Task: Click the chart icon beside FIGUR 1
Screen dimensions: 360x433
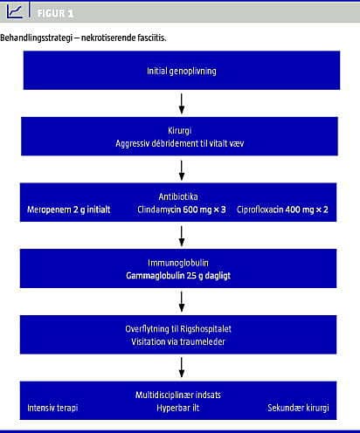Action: tap(15, 11)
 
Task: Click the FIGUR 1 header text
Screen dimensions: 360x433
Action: tap(55, 13)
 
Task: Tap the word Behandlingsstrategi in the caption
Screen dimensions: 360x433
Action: tap(36, 38)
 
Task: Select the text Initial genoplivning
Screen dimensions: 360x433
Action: tap(182, 71)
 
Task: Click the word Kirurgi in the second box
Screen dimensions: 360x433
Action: tap(179, 130)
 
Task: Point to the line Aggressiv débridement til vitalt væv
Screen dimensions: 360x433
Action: tap(180, 143)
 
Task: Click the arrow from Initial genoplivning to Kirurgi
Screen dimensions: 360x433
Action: tap(182, 104)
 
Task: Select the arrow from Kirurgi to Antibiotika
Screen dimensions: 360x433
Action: tap(182, 170)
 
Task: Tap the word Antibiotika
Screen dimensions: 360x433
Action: tap(178, 196)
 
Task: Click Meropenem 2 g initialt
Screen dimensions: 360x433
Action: tap(69, 210)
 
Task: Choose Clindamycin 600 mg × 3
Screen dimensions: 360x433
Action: tap(182, 210)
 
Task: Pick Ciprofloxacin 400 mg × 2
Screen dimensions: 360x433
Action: tap(282, 210)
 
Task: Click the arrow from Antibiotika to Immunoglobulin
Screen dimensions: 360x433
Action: tap(182, 236)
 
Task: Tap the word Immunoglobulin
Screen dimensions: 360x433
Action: tap(178, 263)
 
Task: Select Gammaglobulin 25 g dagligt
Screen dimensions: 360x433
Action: tap(178, 276)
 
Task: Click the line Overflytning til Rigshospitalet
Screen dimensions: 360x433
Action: tap(178, 329)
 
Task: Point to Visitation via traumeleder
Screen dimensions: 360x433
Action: tap(178, 341)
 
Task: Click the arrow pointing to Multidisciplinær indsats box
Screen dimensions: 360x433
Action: tap(182, 368)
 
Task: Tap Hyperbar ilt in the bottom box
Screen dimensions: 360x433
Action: tap(178, 408)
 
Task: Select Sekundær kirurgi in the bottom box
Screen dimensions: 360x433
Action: tap(298, 408)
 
